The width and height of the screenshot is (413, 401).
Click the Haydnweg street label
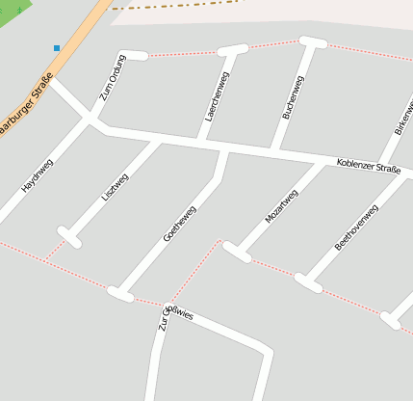click(38, 174)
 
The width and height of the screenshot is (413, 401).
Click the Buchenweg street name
click(294, 98)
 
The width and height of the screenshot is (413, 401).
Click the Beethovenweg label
click(356, 229)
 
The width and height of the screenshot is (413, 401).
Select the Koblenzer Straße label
click(369, 167)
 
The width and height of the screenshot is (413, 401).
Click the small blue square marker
click(57, 48)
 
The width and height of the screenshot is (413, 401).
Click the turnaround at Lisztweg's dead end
click(69, 236)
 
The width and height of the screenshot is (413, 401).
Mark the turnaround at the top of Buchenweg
click(313, 42)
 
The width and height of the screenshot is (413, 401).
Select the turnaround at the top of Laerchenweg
click(233, 49)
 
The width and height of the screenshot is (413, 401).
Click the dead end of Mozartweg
click(237, 253)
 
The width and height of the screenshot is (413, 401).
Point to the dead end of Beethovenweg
click(308, 283)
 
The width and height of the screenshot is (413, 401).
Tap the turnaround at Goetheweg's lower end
click(120, 294)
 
